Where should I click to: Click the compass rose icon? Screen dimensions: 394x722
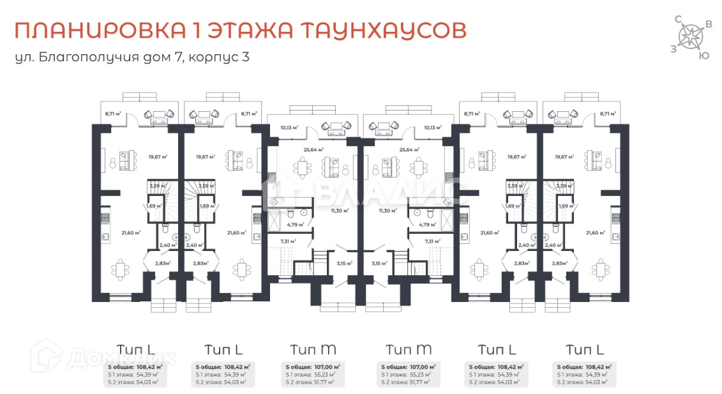tap(691, 36)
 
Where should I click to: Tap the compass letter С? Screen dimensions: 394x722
tap(678, 20)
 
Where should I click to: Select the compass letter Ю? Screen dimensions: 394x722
tap(703, 56)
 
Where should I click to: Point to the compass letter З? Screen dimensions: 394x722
tap(673, 49)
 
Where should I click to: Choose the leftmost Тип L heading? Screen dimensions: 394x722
tap(135, 349)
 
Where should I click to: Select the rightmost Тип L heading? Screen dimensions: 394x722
tap(584, 349)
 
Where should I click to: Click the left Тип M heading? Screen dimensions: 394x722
tap(313, 349)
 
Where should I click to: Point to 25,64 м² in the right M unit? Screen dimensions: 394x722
tap(409, 149)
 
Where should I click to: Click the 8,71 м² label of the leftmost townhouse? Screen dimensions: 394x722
tap(114, 114)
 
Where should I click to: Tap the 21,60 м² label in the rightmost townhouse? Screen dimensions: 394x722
tap(596, 233)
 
